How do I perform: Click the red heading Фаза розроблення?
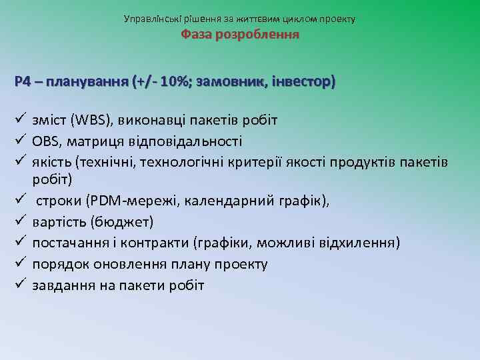point(240,34)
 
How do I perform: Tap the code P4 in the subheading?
point(23,82)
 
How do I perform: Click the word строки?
point(56,202)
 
